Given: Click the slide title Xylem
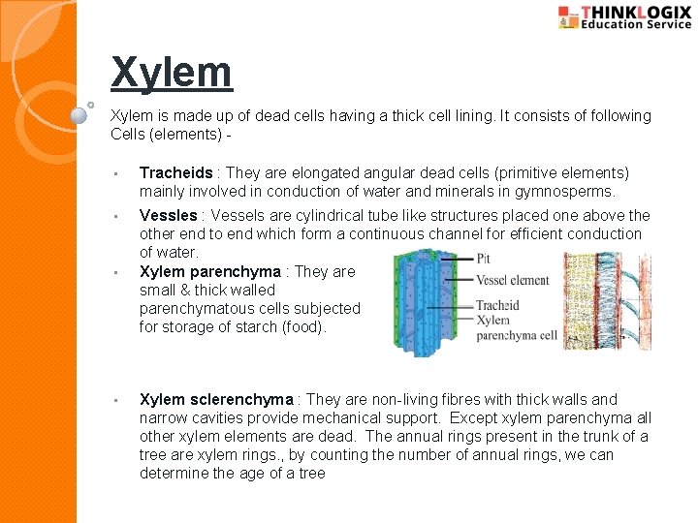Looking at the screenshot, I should (x=172, y=73).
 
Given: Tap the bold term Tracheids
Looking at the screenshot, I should (x=175, y=173).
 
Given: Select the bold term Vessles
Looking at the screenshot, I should (x=169, y=216).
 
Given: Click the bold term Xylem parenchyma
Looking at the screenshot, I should (x=209, y=272).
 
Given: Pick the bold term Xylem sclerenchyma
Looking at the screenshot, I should (x=216, y=400).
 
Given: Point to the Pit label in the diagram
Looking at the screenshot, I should (x=484, y=260).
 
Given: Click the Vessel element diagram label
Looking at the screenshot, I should (x=512, y=281).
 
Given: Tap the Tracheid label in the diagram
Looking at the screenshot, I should (x=497, y=305).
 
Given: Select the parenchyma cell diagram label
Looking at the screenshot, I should (x=517, y=335).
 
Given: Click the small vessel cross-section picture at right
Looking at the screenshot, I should (x=607, y=300).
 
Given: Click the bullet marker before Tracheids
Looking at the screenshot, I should (x=115, y=174).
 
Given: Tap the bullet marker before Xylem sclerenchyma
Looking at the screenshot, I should (x=115, y=401).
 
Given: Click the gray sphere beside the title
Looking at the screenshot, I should (x=79, y=114).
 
